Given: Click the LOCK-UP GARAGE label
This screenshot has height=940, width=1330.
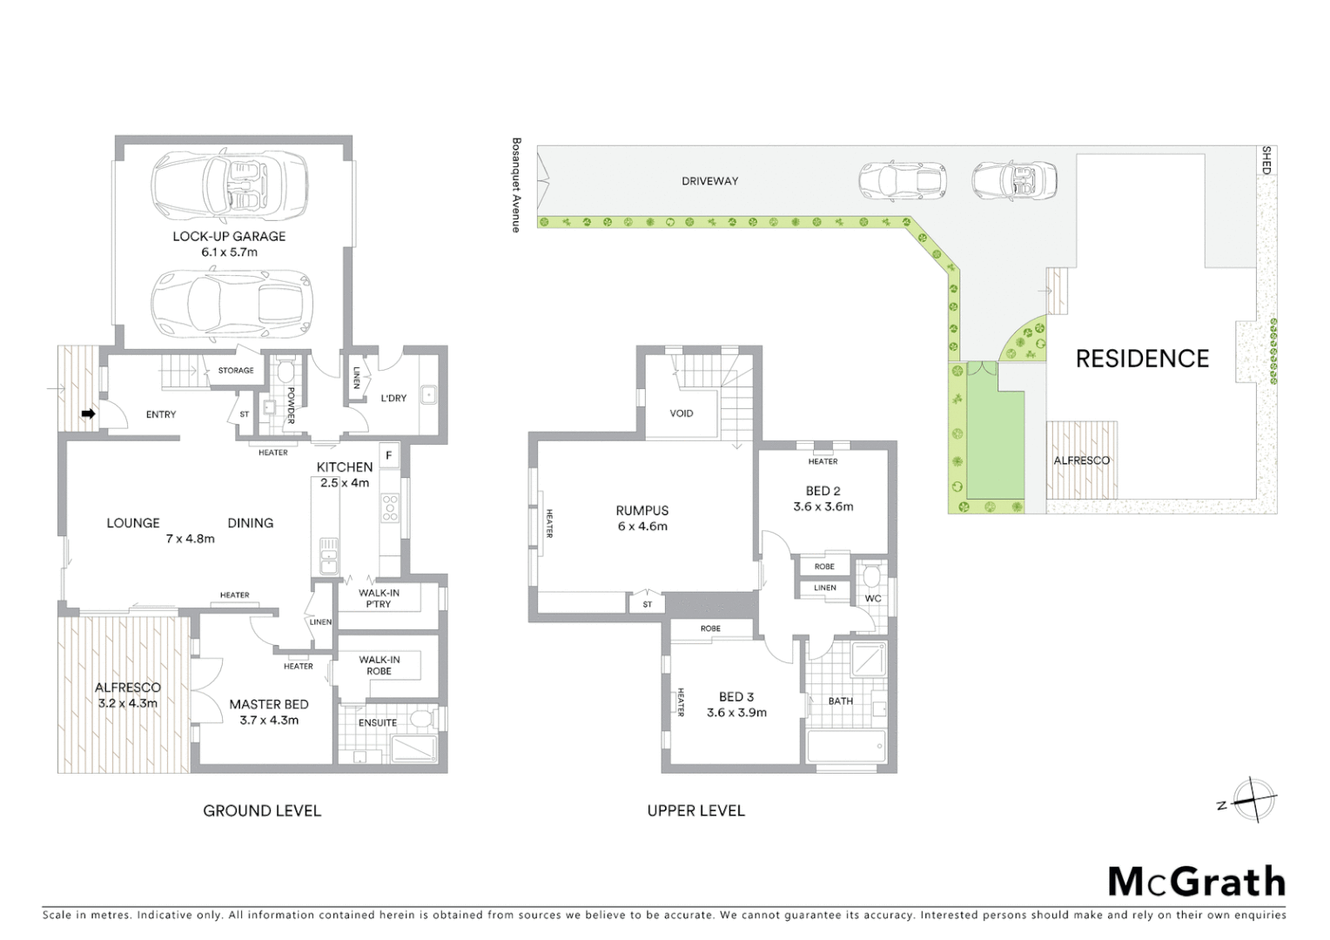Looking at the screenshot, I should [229, 236].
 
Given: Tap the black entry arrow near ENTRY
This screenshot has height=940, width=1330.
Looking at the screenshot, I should [88, 413].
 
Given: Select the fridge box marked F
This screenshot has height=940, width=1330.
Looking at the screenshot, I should [388, 455].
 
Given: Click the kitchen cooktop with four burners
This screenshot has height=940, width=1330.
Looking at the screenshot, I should [390, 507].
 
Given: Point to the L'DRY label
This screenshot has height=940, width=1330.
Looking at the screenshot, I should [393, 399].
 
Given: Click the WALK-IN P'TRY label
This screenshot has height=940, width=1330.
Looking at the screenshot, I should [379, 598].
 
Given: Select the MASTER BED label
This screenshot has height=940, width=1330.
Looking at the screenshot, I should [268, 704].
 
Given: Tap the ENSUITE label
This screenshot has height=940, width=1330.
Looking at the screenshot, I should [378, 722].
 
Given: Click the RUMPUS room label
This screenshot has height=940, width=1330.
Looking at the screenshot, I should [642, 511].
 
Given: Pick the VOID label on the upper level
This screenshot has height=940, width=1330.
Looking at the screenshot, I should [682, 413].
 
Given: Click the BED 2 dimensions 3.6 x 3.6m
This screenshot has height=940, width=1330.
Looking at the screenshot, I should [823, 507].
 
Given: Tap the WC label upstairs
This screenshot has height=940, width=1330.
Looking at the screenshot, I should [873, 598].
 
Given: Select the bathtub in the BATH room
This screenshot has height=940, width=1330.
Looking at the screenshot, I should [846, 747].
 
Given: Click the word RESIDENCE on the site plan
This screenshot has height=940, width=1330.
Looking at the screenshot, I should [1142, 359].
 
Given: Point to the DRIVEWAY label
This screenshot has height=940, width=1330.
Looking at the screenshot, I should [709, 181].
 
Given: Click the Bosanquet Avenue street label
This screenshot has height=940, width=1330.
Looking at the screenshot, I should [516, 185].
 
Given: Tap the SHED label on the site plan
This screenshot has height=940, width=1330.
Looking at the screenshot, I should [1266, 160].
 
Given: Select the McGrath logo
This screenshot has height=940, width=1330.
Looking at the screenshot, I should [1196, 882].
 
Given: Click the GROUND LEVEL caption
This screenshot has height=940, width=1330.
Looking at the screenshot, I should [262, 810].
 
